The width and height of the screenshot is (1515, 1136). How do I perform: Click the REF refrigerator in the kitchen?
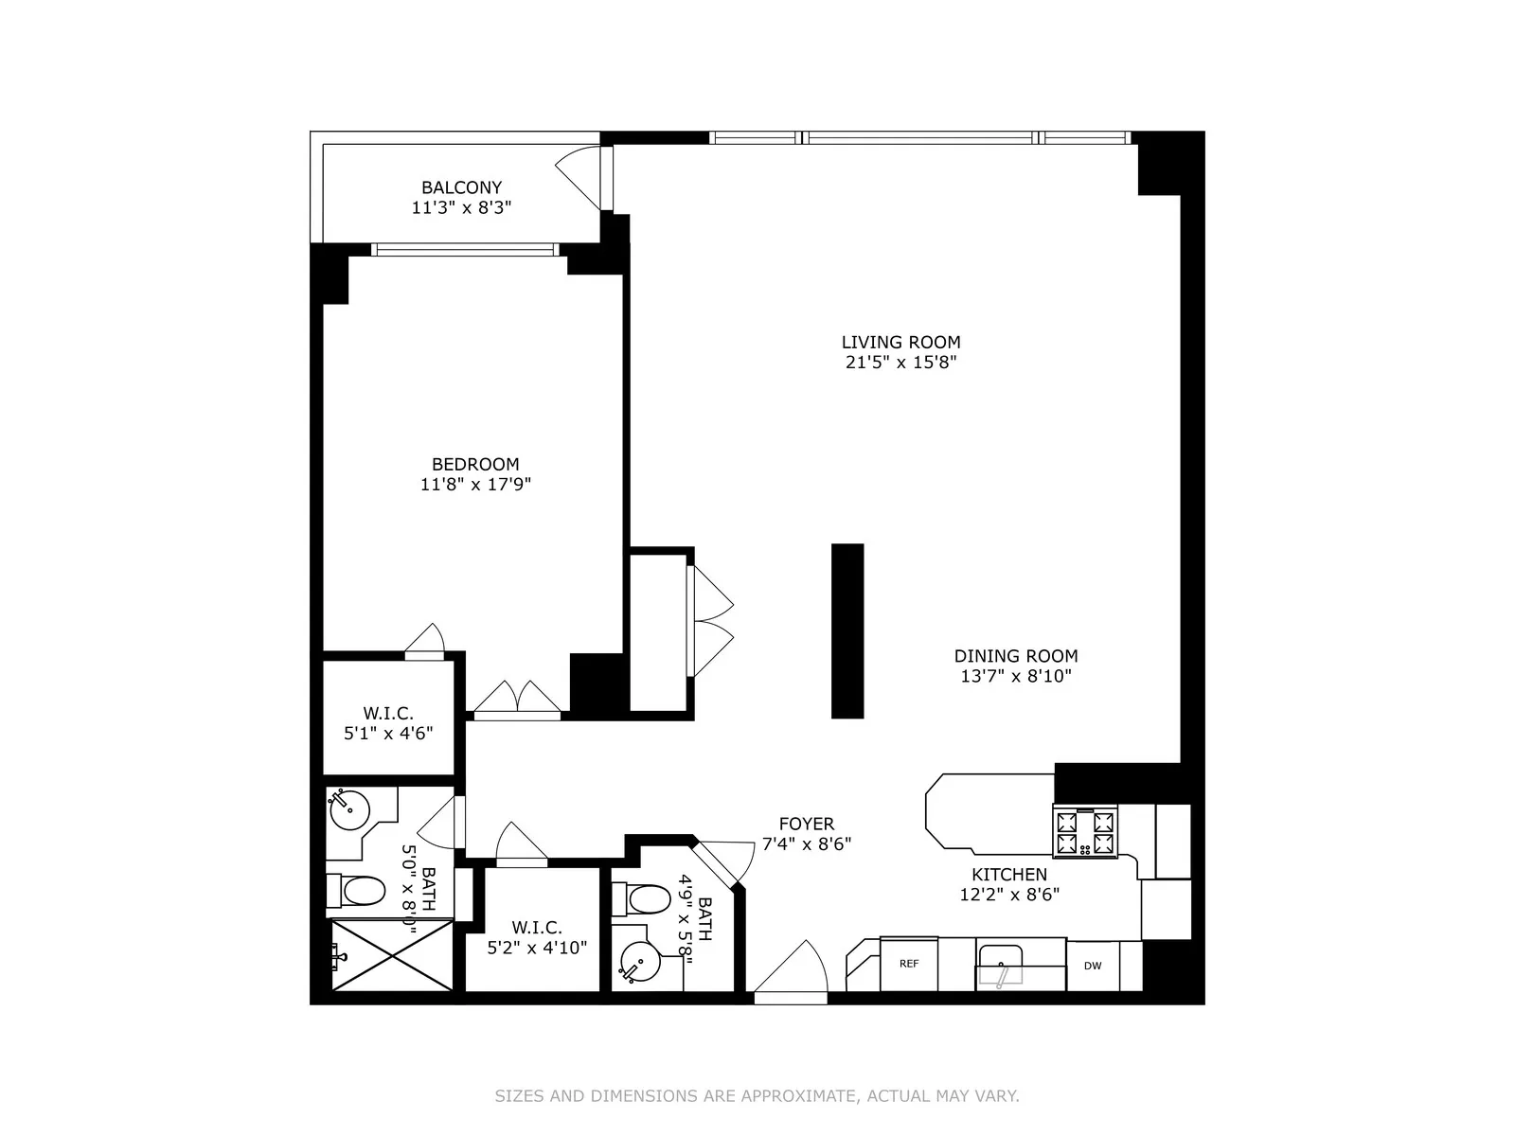[909, 964]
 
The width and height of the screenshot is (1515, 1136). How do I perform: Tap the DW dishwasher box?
[1093, 966]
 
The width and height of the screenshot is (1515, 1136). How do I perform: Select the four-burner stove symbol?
[1085, 831]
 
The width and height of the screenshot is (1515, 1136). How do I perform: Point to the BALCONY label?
[461, 187]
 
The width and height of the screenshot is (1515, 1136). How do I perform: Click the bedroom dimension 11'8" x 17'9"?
[475, 485]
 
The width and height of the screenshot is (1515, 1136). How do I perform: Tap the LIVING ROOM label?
[900, 342]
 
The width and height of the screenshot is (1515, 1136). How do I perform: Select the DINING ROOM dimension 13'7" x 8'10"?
[1015, 676]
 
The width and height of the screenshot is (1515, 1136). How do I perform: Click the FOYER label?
[806, 824]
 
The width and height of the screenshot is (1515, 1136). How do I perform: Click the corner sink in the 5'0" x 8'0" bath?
[347, 808]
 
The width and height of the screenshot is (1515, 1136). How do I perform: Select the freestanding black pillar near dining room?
[847, 630]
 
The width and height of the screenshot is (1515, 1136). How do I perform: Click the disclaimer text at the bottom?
[757, 1096]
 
